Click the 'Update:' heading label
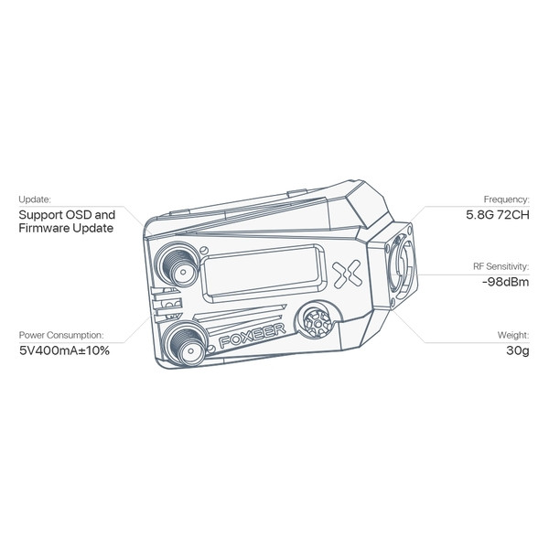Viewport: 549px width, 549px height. [x=35, y=199]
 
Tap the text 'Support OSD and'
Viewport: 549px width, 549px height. [x=67, y=215]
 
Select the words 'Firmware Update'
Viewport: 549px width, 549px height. [x=66, y=228]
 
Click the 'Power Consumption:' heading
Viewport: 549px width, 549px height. [x=61, y=335]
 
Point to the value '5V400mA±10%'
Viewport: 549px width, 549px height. [x=64, y=350]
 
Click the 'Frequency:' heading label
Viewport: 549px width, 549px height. [x=507, y=199]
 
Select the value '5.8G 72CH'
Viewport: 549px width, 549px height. [x=498, y=215]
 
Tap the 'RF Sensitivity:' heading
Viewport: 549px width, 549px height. [x=501, y=266]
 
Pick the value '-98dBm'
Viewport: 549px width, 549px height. [x=506, y=282]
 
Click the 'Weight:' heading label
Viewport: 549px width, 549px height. [x=513, y=335]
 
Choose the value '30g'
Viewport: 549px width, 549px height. [x=518, y=350]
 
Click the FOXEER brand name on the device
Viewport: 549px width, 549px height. [x=253, y=336]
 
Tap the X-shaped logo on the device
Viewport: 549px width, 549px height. [x=347, y=274]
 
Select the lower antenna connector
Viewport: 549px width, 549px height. [x=187, y=343]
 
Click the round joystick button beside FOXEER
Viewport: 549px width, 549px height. [x=318, y=322]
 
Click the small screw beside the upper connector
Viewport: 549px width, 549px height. [x=204, y=251]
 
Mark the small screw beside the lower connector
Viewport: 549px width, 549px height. [x=211, y=349]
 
